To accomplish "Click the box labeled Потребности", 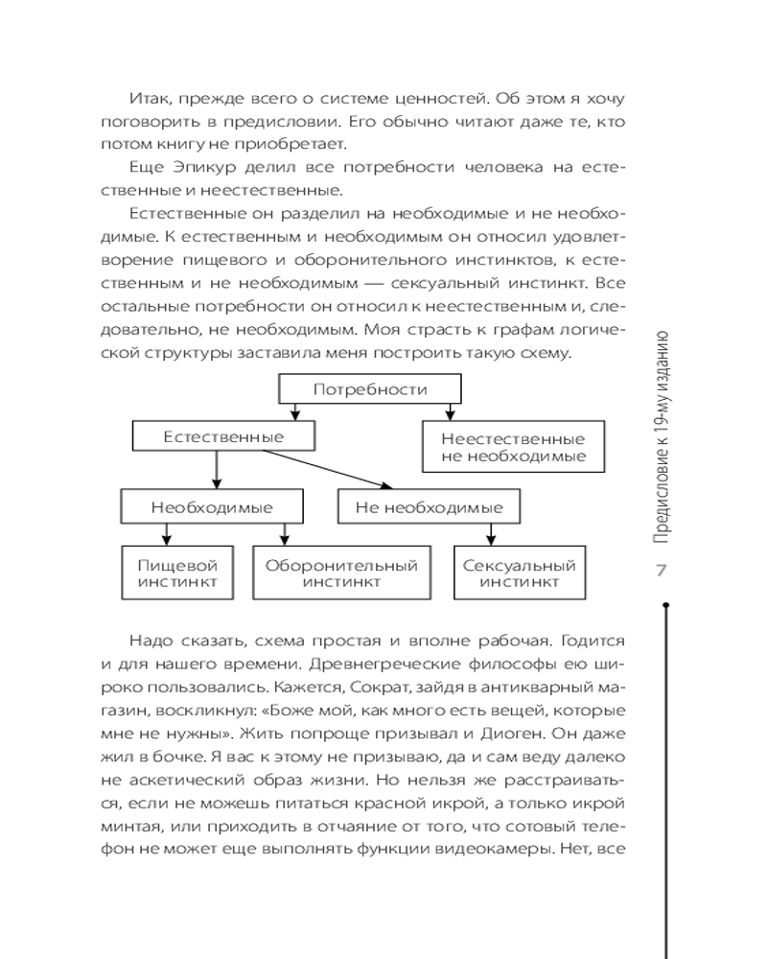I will pyautogui.click(x=369, y=389).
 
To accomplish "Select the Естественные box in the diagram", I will pyautogui.click(x=222, y=437).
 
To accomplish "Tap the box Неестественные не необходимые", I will pyautogui.click(x=513, y=447).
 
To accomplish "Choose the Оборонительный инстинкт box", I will pyautogui.click(x=341, y=573).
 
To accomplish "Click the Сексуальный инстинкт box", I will pyautogui.click(x=520, y=573).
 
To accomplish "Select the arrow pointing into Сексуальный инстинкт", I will pyautogui.click(x=492, y=533).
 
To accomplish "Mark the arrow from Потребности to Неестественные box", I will pyautogui.click(x=448, y=412).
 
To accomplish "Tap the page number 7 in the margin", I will pyautogui.click(x=661, y=572).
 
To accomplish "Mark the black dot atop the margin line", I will pyautogui.click(x=664, y=605).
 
